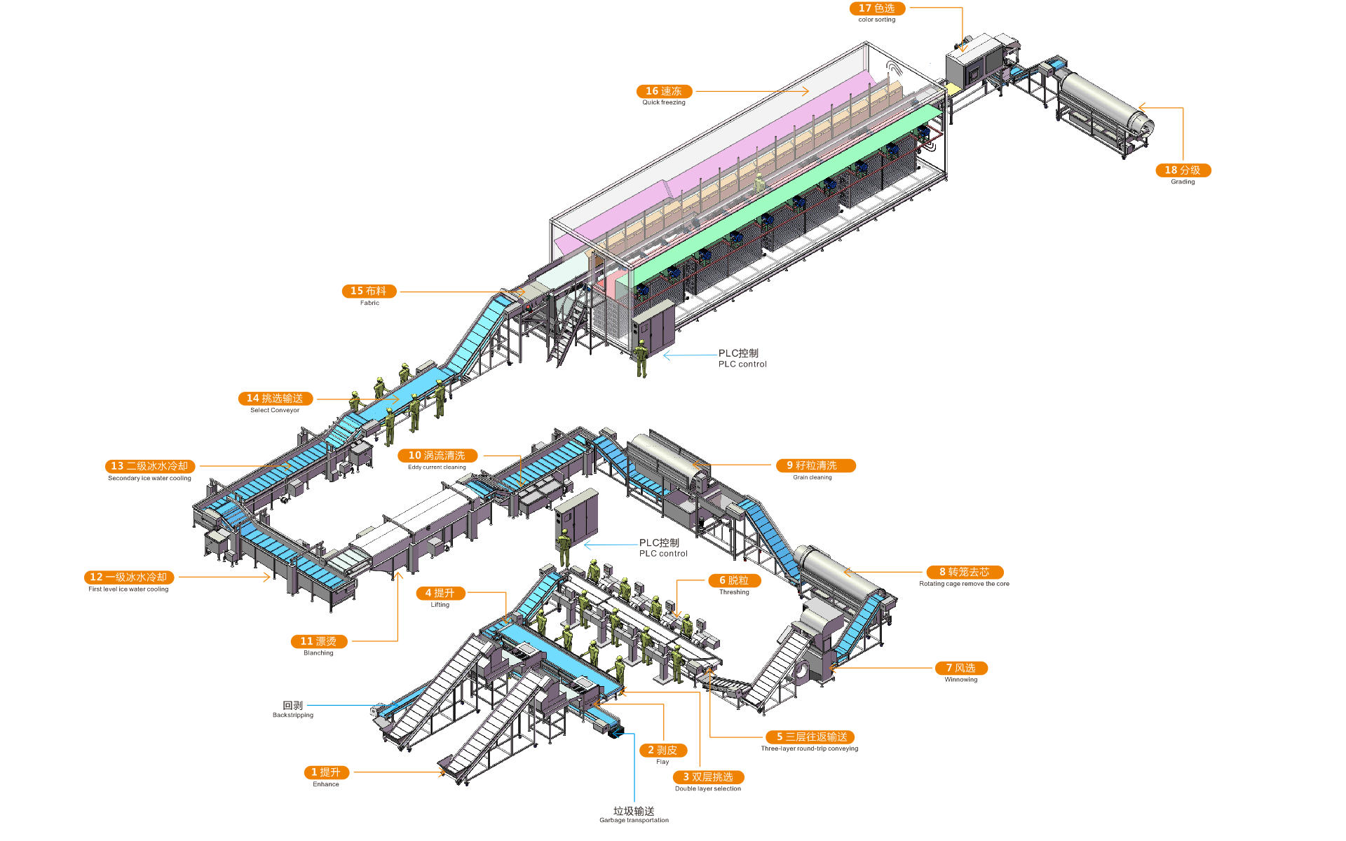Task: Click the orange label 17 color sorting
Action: (877, 8)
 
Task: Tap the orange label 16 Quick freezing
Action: (664, 91)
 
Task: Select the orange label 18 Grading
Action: (1183, 170)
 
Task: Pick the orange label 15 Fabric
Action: (369, 291)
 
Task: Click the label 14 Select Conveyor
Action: (275, 399)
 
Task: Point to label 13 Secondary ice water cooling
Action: (149, 466)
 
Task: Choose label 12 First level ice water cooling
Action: (129, 577)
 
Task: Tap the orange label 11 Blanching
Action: (318, 641)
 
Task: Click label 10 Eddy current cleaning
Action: (437, 456)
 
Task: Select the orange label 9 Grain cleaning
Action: (815, 465)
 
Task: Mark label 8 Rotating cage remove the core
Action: (965, 572)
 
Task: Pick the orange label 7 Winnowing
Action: (961, 668)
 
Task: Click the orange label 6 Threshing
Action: (734, 580)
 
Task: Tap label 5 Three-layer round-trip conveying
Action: (810, 737)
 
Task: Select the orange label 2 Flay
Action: (662, 750)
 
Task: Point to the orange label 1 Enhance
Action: (326, 772)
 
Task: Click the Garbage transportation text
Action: (634, 814)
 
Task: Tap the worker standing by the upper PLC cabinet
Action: (641, 358)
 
